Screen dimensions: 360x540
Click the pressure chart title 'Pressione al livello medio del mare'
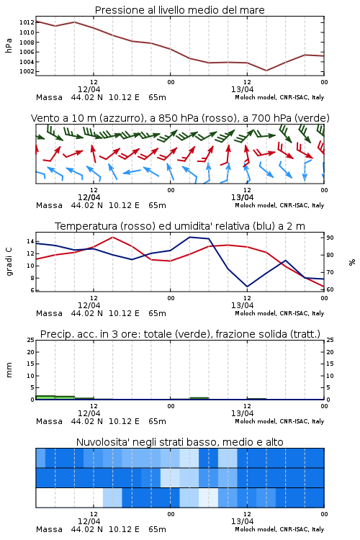click(x=179, y=10)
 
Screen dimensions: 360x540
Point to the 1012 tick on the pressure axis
click(x=27, y=23)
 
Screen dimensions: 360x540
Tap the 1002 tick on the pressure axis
click(x=27, y=71)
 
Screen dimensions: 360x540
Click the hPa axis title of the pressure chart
click(x=9, y=45)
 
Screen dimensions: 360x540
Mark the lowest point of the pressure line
click(x=266, y=71)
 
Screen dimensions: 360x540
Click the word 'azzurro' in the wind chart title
click(x=121, y=118)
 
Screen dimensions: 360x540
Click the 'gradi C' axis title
click(x=9, y=262)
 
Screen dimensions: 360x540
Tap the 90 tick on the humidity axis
click(x=330, y=238)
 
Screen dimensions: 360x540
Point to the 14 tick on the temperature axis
click(x=30, y=241)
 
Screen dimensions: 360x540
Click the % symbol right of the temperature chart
click(x=352, y=262)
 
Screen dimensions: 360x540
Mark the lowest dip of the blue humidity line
click(x=247, y=287)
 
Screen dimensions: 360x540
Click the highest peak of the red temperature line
click(x=112, y=237)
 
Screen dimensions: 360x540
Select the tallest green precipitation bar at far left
click(x=45, y=397)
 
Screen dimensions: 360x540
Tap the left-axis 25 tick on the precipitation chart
click(x=30, y=341)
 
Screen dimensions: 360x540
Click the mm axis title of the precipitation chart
click(x=9, y=370)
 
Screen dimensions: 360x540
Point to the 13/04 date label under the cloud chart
click(x=242, y=521)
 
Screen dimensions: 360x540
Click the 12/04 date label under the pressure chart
click(x=89, y=89)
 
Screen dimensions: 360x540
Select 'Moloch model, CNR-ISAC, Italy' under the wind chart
click(x=279, y=205)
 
